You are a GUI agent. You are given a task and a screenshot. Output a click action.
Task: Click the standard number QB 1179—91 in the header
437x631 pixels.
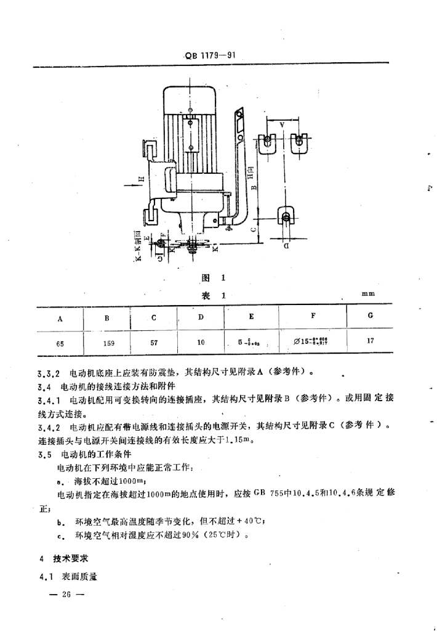point(210,55)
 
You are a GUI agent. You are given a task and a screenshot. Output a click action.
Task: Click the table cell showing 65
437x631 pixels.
point(59,343)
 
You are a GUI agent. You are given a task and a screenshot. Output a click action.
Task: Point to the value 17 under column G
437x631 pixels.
point(371,340)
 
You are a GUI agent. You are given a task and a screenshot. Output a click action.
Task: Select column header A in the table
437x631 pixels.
point(60,319)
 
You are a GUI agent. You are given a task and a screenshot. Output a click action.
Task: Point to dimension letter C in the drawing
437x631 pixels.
point(253,229)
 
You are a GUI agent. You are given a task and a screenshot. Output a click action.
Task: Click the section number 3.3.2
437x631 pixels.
point(48,372)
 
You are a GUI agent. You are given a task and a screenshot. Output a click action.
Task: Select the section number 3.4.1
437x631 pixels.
point(48,399)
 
